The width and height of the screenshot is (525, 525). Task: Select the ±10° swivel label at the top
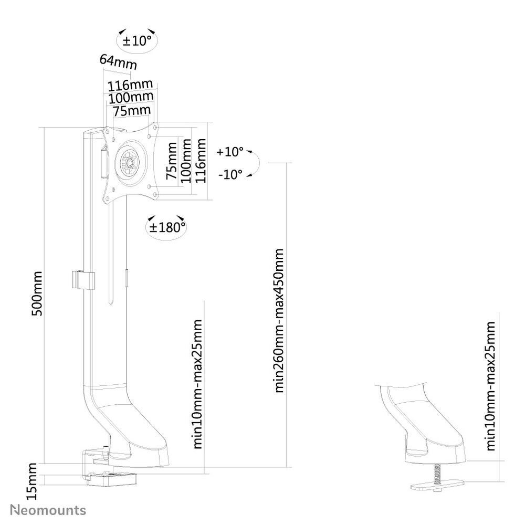coord(136,40)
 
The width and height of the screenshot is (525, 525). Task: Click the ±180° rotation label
coord(165,227)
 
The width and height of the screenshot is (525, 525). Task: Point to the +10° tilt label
coord(230,152)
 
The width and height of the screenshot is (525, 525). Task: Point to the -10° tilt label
coord(230,174)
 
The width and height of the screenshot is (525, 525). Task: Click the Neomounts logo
coord(48,510)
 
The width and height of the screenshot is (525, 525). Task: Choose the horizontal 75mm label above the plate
coord(132,110)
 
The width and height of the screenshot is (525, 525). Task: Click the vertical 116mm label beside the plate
coord(200,161)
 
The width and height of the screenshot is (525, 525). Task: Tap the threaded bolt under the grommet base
coord(436,474)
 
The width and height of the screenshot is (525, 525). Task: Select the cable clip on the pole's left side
coord(82,281)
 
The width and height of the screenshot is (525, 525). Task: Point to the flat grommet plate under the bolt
coord(436,486)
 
